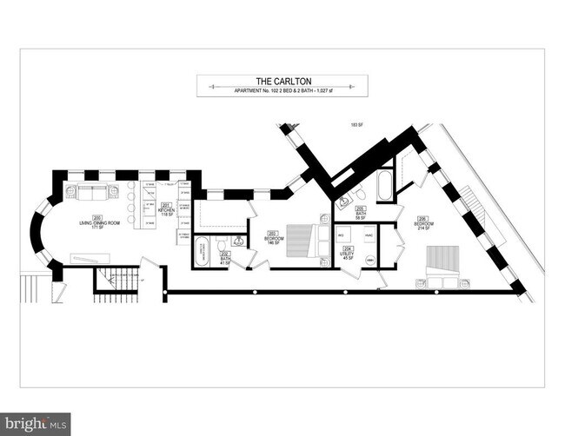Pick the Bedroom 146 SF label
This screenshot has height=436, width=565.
click(x=273, y=238)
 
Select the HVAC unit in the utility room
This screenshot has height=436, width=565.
click(x=369, y=236)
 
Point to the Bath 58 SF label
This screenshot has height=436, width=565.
click(x=360, y=212)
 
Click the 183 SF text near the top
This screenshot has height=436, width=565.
click(x=356, y=125)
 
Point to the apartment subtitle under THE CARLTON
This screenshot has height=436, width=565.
click(x=282, y=89)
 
